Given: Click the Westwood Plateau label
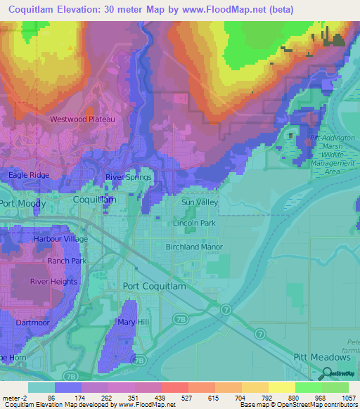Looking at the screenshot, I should [82, 119].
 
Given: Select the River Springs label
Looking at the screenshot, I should [128, 177].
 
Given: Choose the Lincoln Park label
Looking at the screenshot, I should [194, 223].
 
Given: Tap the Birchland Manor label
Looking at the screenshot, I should [194, 247].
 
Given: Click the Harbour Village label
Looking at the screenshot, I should [60, 239].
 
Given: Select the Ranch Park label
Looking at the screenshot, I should [66, 261].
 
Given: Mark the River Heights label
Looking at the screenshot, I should [53, 282].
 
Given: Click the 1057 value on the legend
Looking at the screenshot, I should [349, 397].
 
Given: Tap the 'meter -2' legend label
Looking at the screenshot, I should [14, 397].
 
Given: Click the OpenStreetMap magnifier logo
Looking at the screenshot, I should [326, 374].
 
